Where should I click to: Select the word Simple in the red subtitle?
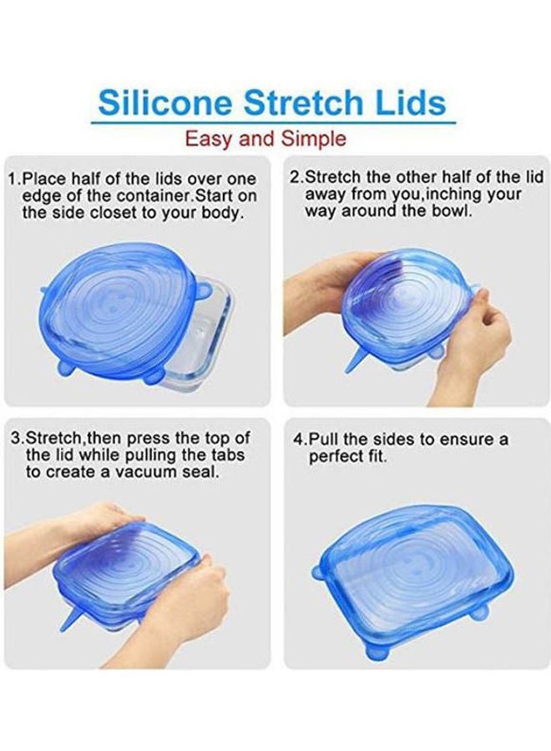tap(314, 138)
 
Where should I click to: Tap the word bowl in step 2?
tap(451, 211)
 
